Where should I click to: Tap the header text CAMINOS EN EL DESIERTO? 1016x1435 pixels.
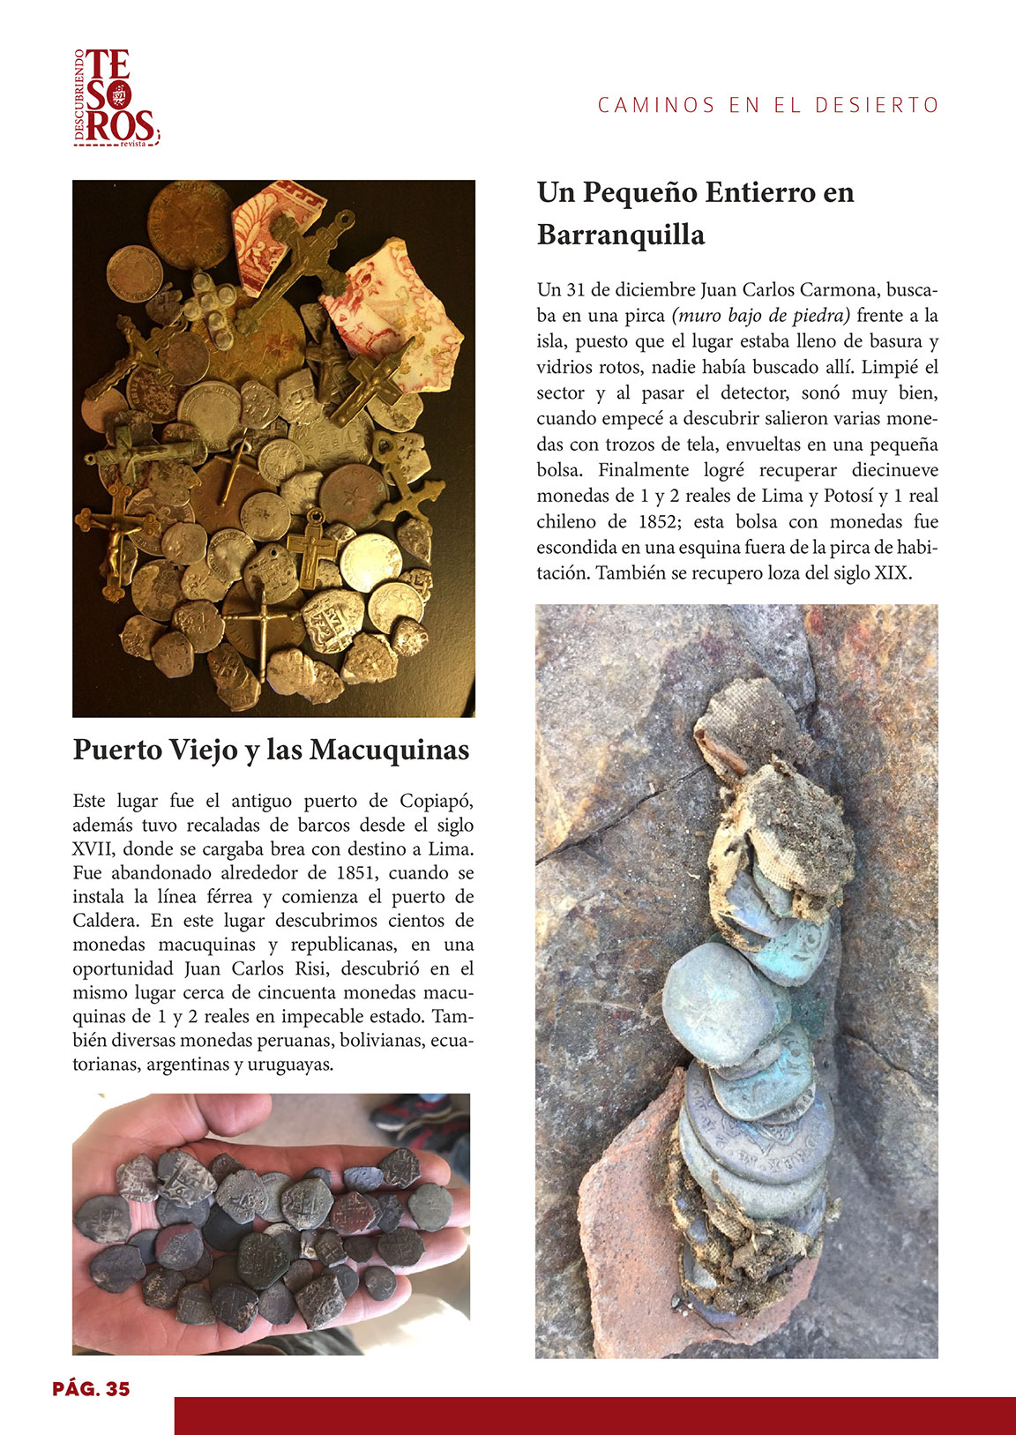coord(768,105)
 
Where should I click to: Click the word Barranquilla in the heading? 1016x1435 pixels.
coord(621,235)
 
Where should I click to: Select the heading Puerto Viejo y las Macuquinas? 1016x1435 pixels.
coord(271,750)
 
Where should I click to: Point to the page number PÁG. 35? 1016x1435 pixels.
coord(91,1389)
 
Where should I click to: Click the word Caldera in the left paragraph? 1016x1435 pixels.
coord(108,921)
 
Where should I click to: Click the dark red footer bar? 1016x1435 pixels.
coord(594,1415)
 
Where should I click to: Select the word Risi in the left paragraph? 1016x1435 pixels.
coord(315,968)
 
